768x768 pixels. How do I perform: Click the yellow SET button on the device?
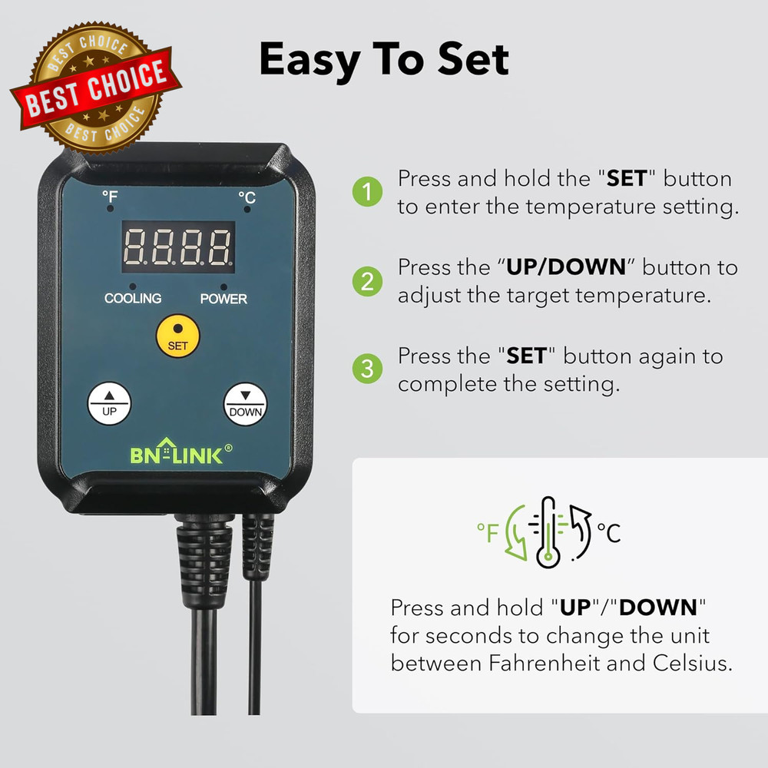pos(177,336)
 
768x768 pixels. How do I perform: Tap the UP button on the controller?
pos(109,402)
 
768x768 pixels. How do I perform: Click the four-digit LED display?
pos(177,247)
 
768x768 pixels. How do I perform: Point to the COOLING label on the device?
pos(133,298)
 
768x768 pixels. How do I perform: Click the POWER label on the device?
pos(223,298)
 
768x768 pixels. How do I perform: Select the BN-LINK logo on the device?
pos(176,454)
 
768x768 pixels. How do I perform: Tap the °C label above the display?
pos(247,198)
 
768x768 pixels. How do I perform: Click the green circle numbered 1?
pos(367,192)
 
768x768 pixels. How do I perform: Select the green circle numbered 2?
pos(367,281)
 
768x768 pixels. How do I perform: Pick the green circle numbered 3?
pos(367,369)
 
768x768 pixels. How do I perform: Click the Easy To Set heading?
pos(384,60)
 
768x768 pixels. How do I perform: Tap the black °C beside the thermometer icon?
pos(608,531)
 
